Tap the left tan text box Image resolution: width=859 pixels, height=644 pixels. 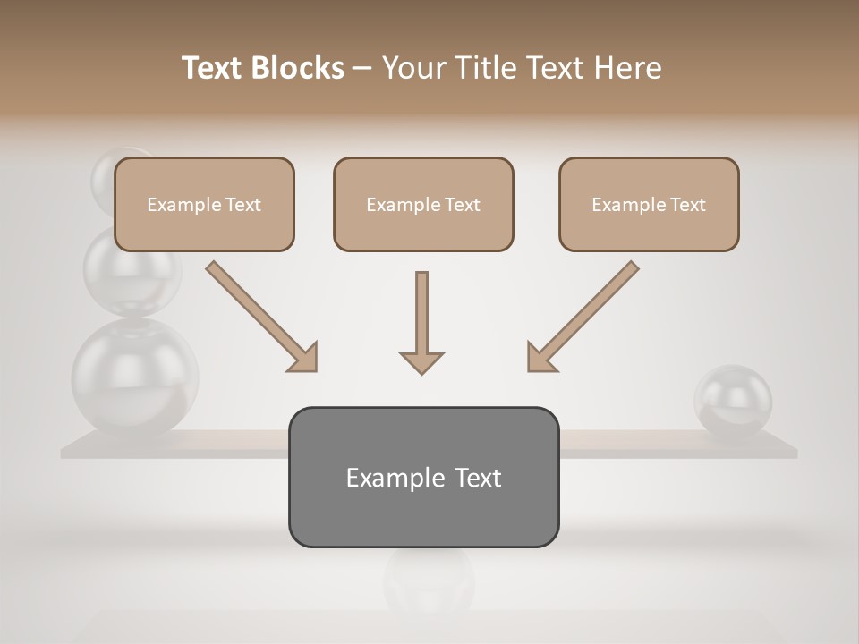(x=204, y=204)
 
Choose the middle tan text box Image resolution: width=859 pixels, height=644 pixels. (x=423, y=204)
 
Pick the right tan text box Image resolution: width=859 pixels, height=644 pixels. (x=649, y=204)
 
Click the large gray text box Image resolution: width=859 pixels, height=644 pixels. (x=423, y=477)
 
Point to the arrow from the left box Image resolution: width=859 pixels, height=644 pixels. (x=261, y=317)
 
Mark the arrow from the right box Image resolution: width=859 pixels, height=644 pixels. (x=583, y=317)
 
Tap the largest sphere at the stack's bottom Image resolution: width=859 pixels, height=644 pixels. (x=134, y=377)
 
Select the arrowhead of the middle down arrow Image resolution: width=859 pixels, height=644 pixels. (x=421, y=361)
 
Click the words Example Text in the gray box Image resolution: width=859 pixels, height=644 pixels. (x=423, y=478)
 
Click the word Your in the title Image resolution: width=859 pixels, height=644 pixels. (x=413, y=68)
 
